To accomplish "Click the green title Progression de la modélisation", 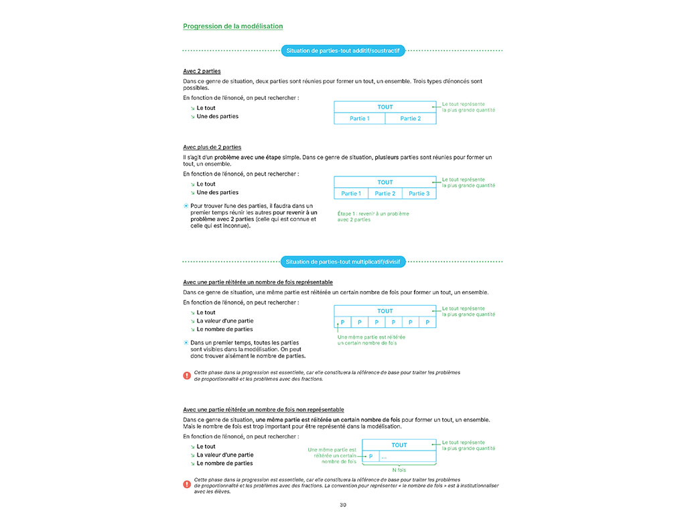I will (232, 26).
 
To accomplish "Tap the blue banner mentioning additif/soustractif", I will (342, 50).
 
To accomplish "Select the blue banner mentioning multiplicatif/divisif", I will (342, 262).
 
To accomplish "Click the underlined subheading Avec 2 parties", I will (202, 71).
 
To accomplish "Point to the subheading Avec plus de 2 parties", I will (212, 147).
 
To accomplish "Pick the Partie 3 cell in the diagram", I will (419, 194).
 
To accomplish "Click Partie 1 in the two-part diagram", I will (360, 119).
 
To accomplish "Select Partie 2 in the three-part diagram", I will (385, 194).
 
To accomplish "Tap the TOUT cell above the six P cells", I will (385, 311).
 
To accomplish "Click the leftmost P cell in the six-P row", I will (342, 323).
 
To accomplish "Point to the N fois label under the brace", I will (399, 470).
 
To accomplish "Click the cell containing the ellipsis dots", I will (408, 457).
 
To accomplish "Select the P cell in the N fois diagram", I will (370, 457).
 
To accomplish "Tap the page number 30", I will (343, 504).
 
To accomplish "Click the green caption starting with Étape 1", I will (373, 217).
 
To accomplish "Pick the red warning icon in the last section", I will (187, 483).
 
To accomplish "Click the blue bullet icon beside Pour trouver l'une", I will (186, 206).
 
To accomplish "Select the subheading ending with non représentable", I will (263, 409).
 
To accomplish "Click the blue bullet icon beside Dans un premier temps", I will (186, 342).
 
